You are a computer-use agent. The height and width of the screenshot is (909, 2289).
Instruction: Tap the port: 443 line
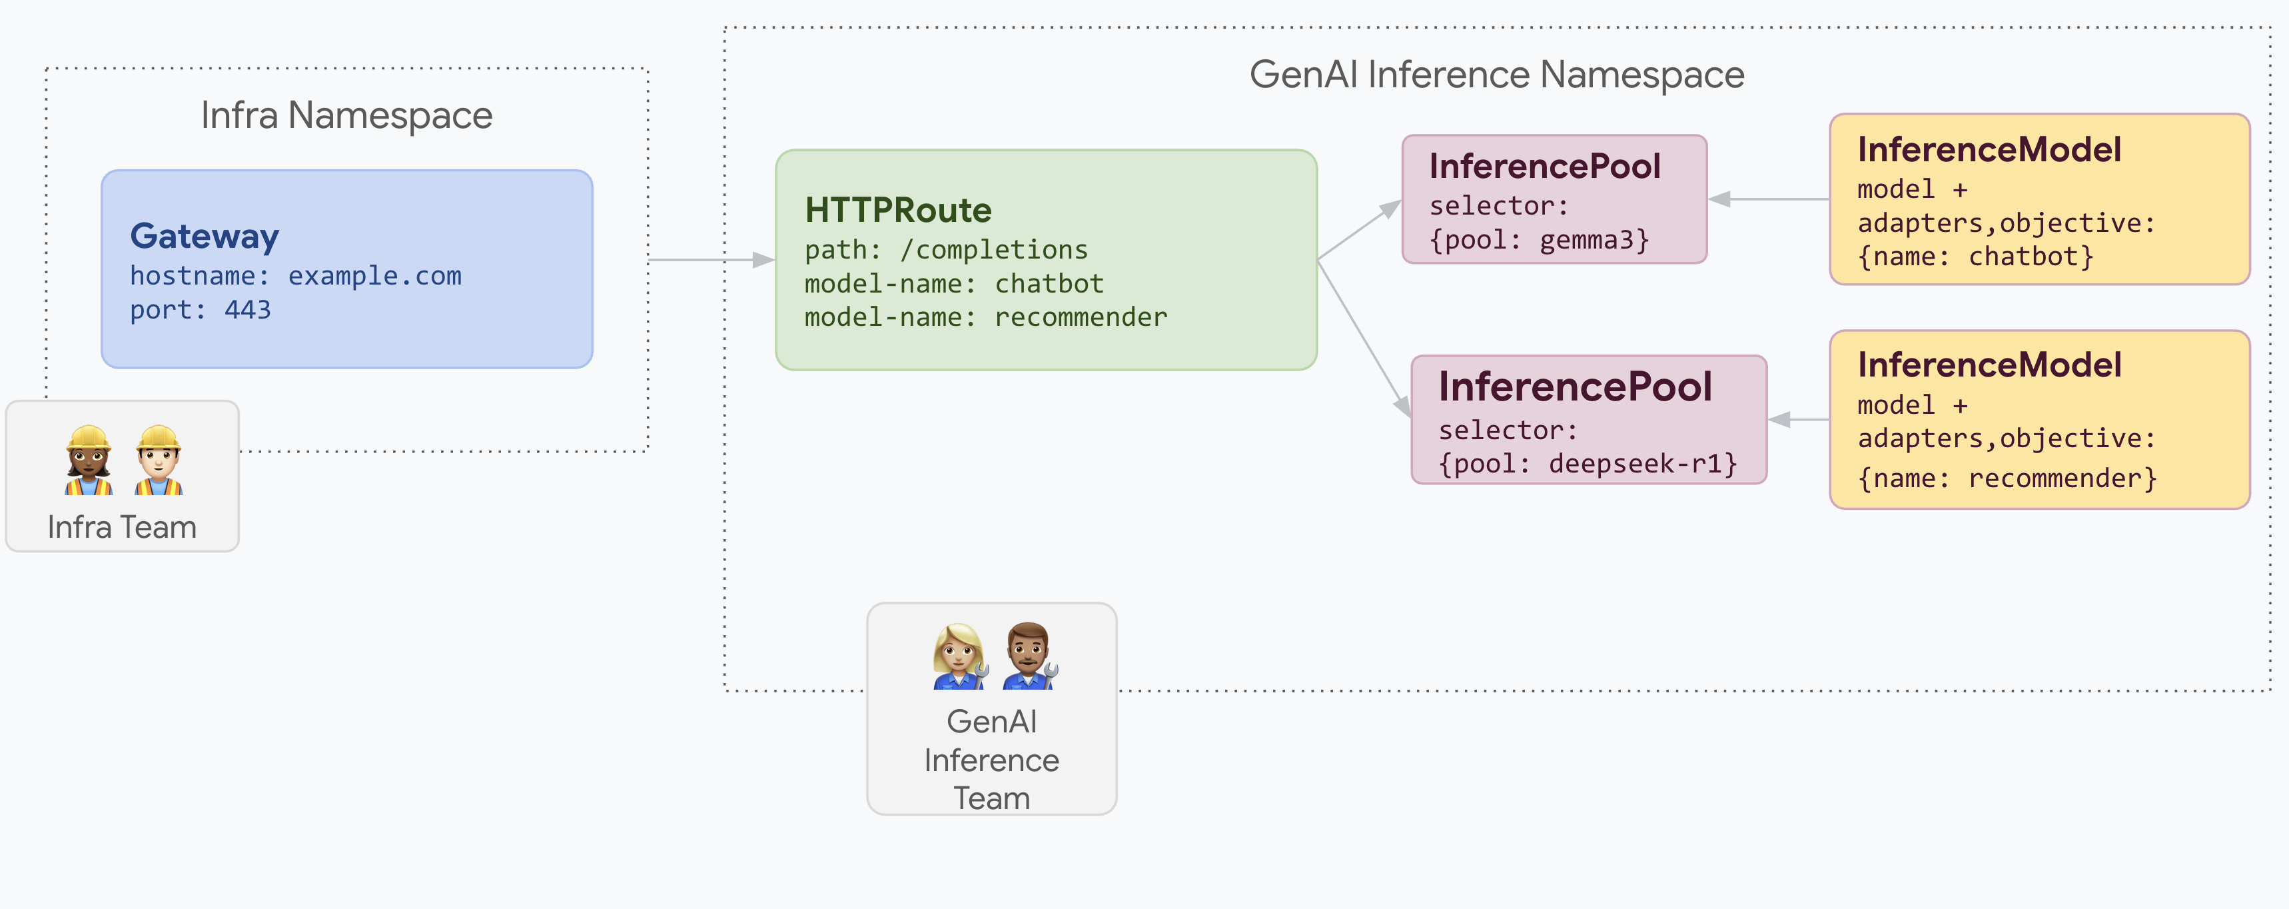tap(200, 309)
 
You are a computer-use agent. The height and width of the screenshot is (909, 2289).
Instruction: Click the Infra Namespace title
tap(346, 115)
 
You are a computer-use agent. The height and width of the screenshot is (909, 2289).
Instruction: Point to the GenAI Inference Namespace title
tap(1496, 75)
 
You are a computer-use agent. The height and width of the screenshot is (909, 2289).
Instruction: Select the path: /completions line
tap(945, 250)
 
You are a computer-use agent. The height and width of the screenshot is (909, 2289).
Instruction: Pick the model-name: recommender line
tap(985, 317)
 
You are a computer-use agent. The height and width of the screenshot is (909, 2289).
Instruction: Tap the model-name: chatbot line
tap(953, 283)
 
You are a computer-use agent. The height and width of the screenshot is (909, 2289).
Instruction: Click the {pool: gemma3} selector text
tap(1539, 240)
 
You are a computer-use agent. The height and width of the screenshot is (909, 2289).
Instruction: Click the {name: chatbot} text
tap(1975, 257)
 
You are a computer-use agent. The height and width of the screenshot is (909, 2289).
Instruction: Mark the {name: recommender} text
tap(2007, 479)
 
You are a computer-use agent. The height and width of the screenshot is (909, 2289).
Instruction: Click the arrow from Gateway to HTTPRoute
tap(711, 259)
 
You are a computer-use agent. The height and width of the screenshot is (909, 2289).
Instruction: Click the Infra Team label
tap(122, 527)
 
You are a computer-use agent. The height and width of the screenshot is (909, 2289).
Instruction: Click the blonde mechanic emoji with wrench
tap(959, 656)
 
